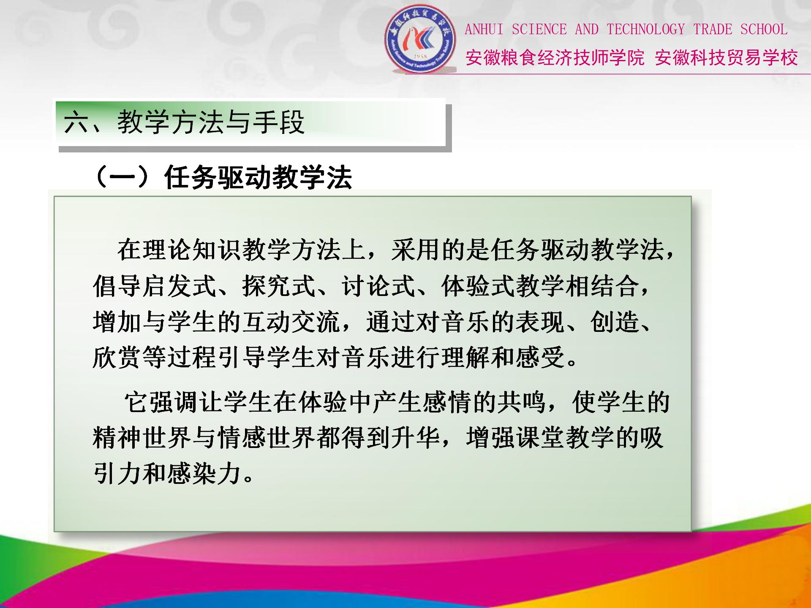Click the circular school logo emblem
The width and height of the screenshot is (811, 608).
point(421,38)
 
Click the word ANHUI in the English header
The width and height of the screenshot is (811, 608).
point(484,30)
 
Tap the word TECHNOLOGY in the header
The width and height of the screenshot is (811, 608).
point(645,30)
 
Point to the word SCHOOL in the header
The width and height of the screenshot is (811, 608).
point(764,30)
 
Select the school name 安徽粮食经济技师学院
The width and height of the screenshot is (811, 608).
point(555,58)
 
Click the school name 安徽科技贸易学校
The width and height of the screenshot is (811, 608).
point(726,58)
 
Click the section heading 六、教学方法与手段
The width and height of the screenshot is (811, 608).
point(184,122)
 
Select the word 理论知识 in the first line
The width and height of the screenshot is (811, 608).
point(192,250)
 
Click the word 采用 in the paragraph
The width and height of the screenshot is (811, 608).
point(416,250)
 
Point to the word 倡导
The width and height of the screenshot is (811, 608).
point(117,286)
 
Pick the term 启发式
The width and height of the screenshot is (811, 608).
point(180,286)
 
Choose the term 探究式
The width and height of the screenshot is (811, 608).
point(279,286)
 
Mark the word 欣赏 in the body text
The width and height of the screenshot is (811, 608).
point(117,358)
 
